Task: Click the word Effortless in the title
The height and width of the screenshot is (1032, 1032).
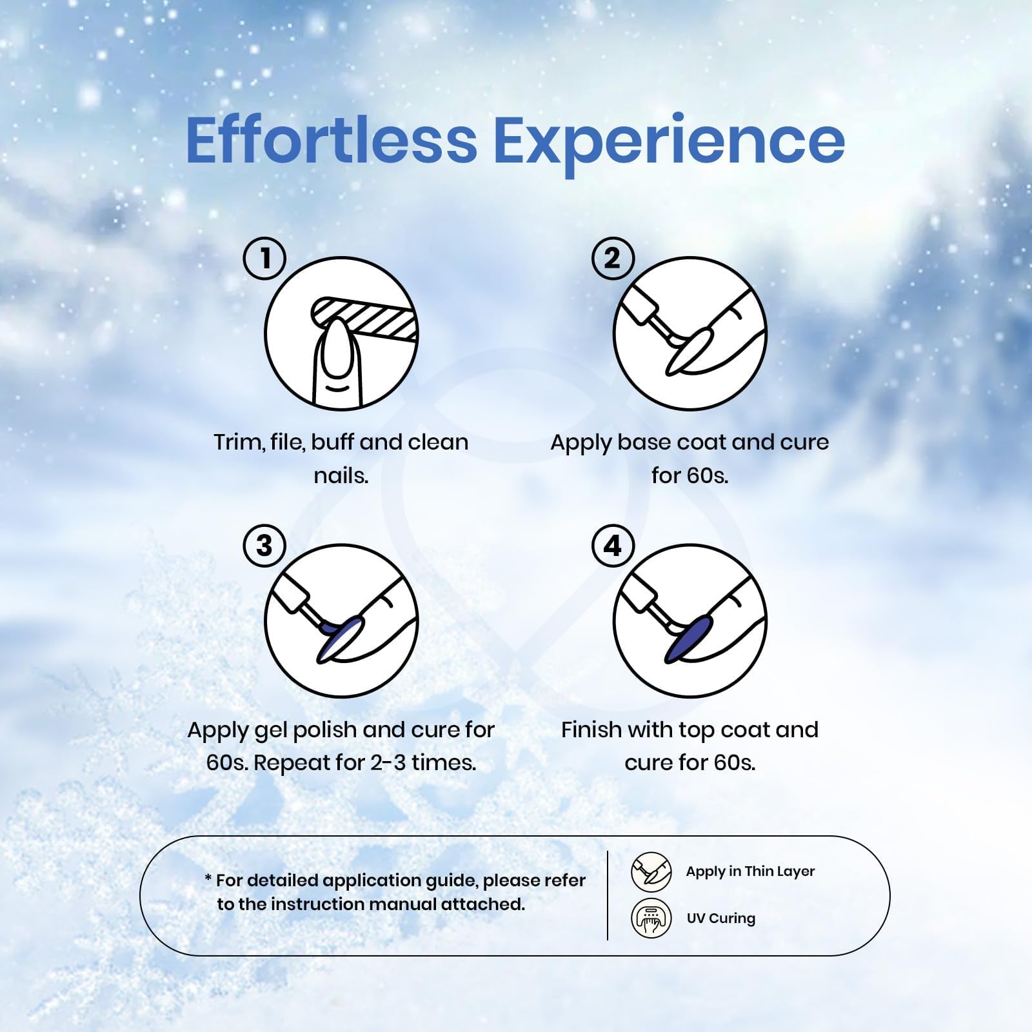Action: pyautogui.click(x=331, y=139)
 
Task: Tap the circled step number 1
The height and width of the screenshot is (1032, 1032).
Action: pyautogui.click(x=264, y=259)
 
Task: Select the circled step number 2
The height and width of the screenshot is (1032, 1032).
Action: pyautogui.click(x=613, y=259)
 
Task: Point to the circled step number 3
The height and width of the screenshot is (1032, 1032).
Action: pyautogui.click(x=264, y=546)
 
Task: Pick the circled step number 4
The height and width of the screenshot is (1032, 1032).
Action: pyautogui.click(x=613, y=546)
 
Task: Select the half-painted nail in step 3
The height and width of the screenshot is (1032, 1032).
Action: pyautogui.click(x=341, y=638)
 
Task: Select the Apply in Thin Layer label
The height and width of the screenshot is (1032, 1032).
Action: pyautogui.click(x=750, y=872)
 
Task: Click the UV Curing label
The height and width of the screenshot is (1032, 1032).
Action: pyautogui.click(x=720, y=918)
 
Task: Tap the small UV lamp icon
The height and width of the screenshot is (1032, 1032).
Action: pyautogui.click(x=651, y=918)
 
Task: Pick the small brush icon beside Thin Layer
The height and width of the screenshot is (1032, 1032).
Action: pyautogui.click(x=651, y=871)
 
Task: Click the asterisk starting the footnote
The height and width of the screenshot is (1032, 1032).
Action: pyautogui.click(x=208, y=878)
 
